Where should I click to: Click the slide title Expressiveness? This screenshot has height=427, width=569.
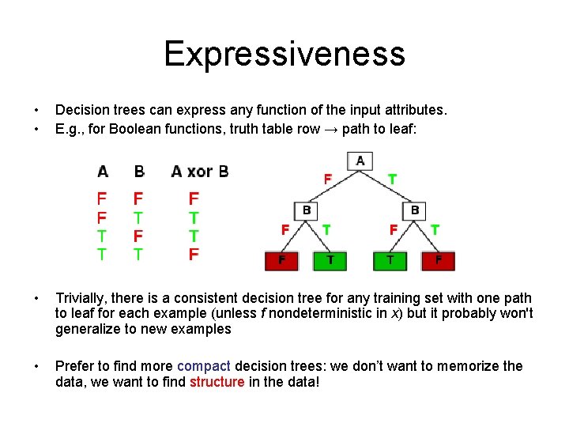pos(284,54)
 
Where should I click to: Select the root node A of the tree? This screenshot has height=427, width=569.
pos(360,161)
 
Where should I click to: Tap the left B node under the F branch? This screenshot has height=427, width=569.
pos(306,210)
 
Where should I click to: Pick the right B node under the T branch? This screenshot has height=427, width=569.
pos(415,210)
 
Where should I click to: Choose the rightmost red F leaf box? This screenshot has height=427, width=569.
pos(439,261)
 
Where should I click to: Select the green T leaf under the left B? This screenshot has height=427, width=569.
pos(330,261)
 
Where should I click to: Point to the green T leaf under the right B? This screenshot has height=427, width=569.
pos(390,261)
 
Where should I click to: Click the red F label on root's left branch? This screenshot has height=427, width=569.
pos(327,179)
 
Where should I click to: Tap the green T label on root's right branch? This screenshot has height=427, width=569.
pos(392,179)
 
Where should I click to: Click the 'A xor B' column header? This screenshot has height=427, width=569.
pos(199,171)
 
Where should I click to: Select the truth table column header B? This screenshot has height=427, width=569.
pos(139,171)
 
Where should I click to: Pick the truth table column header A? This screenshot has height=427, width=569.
pos(103,171)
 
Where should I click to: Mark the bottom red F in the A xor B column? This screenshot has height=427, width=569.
pos(194,255)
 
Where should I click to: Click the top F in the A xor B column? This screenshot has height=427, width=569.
pos(194,198)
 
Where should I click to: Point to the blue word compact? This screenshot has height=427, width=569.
pos(204,366)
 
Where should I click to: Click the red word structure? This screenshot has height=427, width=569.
pos(217,381)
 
